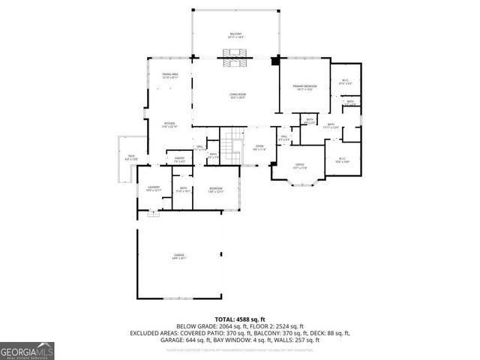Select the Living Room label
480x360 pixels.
(x=238, y=95)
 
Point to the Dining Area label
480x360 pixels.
(x=170, y=75)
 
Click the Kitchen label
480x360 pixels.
(x=170, y=125)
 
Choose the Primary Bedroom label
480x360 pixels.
(x=304, y=88)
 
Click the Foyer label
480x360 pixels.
(x=259, y=148)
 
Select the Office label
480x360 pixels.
(x=299, y=166)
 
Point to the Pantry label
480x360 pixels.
(x=180, y=159)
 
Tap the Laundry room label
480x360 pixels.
(x=154, y=189)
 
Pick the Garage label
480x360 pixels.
(x=180, y=256)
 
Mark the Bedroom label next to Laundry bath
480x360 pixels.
(x=215, y=189)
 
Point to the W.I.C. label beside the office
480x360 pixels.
(x=342, y=160)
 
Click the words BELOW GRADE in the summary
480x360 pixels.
(x=195, y=326)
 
